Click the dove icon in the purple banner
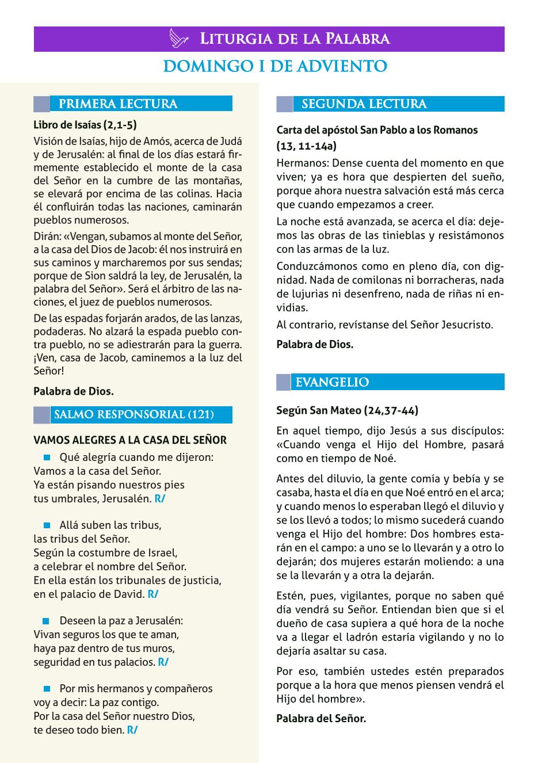[180, 39]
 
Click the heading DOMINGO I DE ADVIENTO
[275, 67]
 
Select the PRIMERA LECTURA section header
[119, 104]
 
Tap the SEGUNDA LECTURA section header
[364, 104]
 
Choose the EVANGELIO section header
[332, 383]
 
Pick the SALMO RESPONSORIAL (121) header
[133, 415]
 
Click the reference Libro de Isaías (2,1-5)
[85, 125]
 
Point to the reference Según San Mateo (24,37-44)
[347, 410]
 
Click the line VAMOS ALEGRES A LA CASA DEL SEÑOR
[130, 440]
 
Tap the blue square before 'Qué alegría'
[47, 457]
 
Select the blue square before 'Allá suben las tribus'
[47, 525]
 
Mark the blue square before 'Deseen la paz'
[47, 621]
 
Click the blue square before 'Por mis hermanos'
[47, 689]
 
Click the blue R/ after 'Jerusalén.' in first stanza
[160, 499]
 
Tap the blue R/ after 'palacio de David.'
[153, 594]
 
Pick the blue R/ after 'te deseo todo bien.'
[132, 730]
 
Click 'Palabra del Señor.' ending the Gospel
[321, 718]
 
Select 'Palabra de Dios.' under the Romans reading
[315, 344]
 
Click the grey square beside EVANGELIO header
[284, 383]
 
